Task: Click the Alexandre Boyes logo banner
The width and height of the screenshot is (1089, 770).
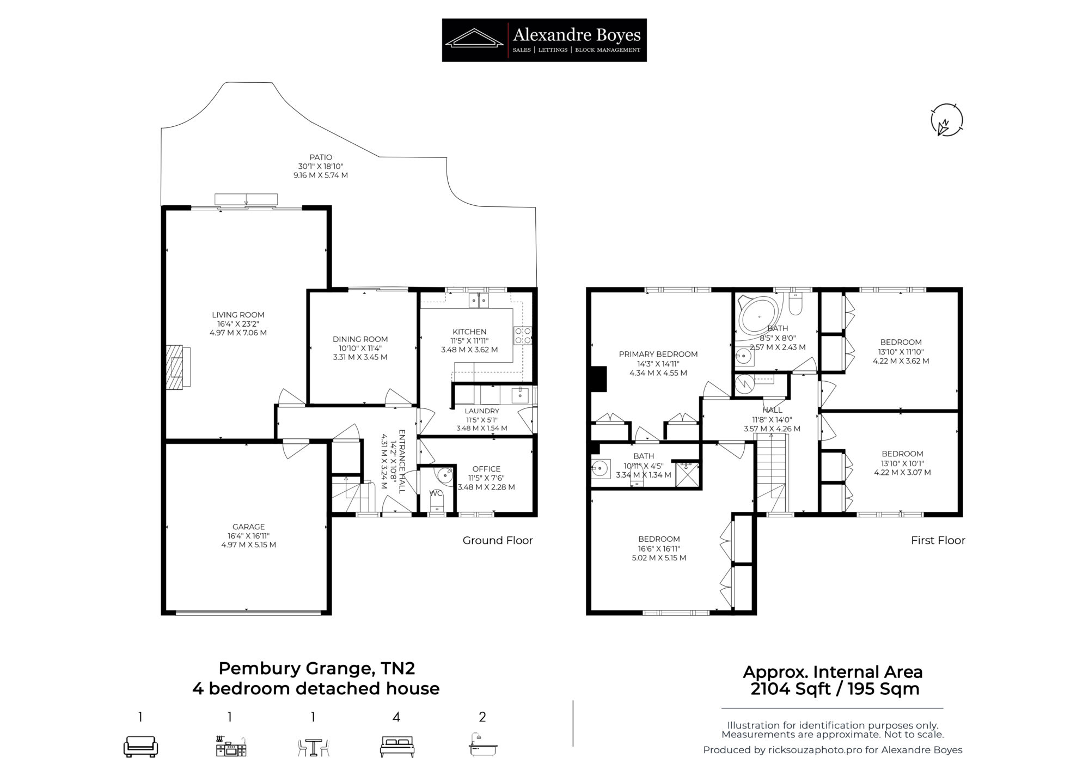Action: click(544, 40)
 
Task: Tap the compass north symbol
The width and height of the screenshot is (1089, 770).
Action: click(947, 120)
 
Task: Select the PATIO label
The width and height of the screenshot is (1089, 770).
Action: click(321, 157)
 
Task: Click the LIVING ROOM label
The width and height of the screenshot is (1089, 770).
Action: click(238, 315)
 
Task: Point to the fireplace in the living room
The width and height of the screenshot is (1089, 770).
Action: click(178, 366)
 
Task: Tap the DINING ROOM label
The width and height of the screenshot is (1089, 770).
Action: click(360, 339)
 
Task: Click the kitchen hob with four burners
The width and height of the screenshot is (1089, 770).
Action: click(523, 335)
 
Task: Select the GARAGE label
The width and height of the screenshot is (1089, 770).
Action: click(249, 527)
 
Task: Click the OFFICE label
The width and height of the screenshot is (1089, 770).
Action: click(486, 469)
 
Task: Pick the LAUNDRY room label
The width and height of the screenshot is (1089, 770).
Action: click(482, 411)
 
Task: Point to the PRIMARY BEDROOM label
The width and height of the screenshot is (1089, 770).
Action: click(658, 355)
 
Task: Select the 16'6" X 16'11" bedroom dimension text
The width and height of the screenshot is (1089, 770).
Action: click(659, 549)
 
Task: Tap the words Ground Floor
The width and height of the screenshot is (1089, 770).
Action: click(498, 540)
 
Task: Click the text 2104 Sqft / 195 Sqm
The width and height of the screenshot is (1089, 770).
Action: click(835, 689)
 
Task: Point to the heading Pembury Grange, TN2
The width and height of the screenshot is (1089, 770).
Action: click(316, 668)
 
